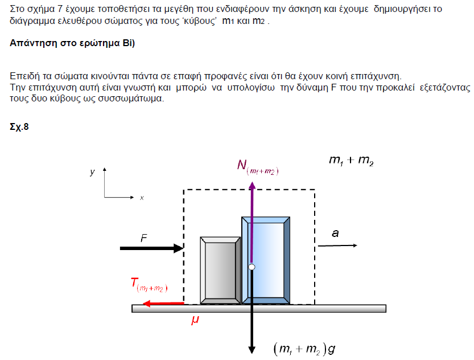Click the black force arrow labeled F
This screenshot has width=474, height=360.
pos(149,248)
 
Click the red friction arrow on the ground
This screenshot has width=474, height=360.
pos(163,304)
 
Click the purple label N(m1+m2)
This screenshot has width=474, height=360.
pos(258,166)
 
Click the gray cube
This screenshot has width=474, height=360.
pos(220,270)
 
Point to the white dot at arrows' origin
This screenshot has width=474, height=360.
pos(251,267)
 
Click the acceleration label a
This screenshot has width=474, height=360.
pos(335,233)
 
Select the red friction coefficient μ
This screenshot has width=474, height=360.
pos(195,321)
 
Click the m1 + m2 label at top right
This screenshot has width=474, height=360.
pos(351,161)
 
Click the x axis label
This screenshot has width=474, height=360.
pos(142,198)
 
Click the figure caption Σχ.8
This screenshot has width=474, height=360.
pos(19,126)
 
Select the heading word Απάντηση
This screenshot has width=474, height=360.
pos(32,43)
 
